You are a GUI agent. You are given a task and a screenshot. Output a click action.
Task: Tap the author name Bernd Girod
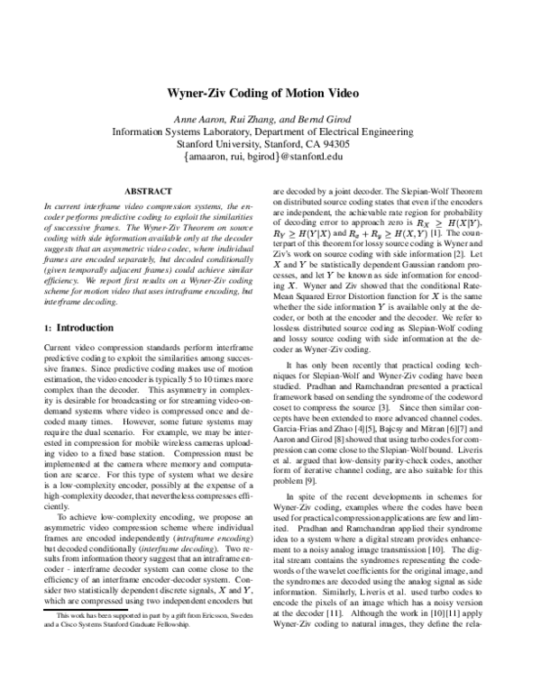(x=316, y=119)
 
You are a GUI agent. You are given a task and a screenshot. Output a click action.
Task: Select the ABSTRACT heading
(x=148, y=192)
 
